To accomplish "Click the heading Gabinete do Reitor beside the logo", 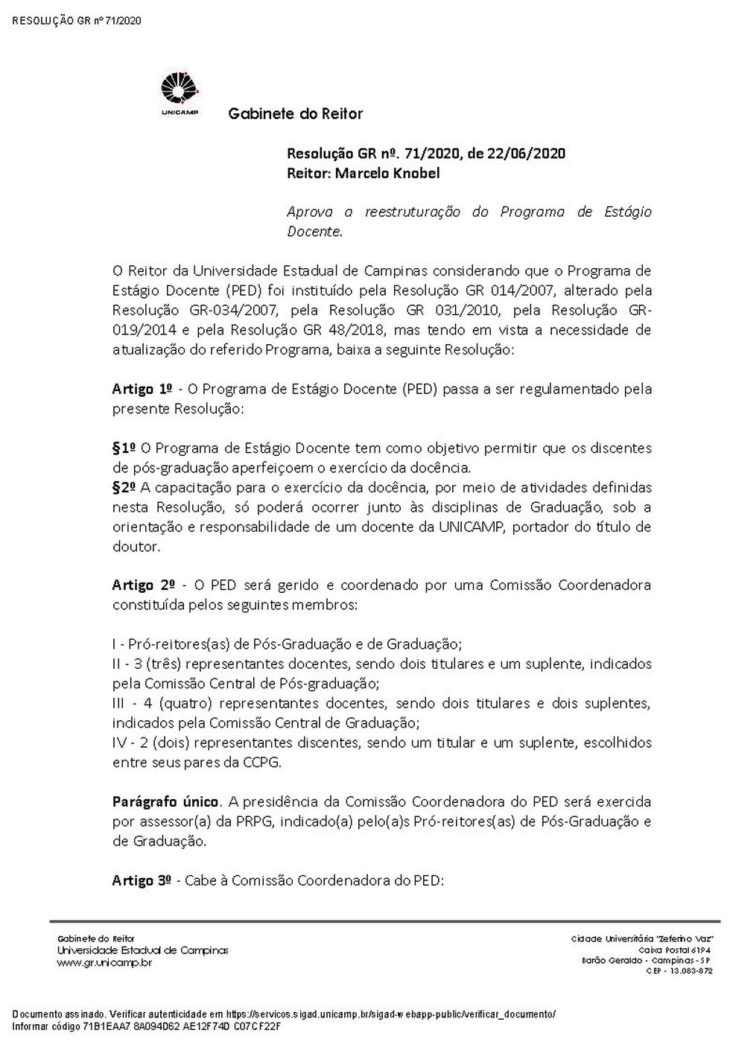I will [x=295, y=114].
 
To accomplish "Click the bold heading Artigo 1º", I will [x=142, y=389].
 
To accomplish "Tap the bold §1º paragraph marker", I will [x=124, y=448].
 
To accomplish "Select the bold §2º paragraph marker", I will [x=124, y=488].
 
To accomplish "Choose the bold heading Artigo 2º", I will [x=143, y=585].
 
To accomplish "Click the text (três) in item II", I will [x=165, y=664].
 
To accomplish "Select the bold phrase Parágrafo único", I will [x=165, y=801].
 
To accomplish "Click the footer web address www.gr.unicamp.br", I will [x=104, y=962].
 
